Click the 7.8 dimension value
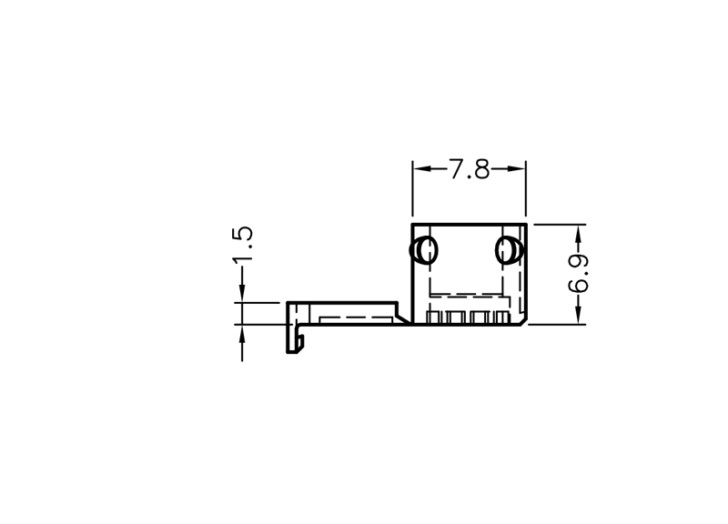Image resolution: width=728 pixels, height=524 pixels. click(469, 169)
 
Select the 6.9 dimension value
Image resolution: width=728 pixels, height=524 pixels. click(578, 274)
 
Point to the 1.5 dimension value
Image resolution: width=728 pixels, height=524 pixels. click(242, 243)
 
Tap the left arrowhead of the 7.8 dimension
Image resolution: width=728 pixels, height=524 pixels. click(421, 169)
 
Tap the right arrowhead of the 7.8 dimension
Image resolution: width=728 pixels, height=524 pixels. click(516, 169)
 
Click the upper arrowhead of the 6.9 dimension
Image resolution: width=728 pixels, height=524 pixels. click(578, 233)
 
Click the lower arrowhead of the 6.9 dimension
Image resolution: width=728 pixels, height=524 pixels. click(578, 316)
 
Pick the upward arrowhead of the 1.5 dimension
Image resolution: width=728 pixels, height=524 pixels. click(242, 334)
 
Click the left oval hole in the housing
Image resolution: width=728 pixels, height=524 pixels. click(423, 250)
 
